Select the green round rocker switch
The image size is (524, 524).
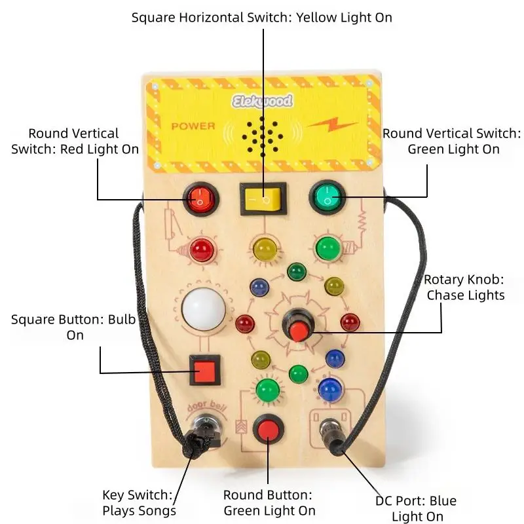point(327,196)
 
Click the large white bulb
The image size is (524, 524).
point(202,308)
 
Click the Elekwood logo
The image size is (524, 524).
point(262,100)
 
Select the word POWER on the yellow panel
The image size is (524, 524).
point(193,125)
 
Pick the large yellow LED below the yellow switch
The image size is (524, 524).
point(264,248)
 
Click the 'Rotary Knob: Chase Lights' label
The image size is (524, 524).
point(466,287)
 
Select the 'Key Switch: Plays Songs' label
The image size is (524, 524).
point(140,502)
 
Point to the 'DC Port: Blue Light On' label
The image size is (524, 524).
point(415,509)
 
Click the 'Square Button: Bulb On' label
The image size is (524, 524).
point(75,327)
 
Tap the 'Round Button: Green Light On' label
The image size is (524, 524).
point(269,502)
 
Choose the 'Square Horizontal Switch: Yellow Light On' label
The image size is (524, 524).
point(262,17)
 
